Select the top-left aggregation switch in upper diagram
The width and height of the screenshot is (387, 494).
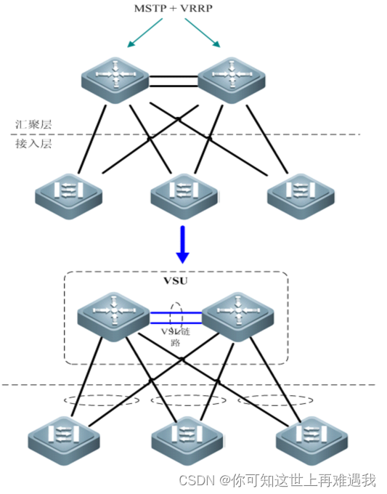[x=113, y=78]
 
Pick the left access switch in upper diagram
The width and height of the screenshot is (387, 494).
[x=68, y=193]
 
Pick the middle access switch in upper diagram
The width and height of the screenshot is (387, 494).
[x=183, y=193]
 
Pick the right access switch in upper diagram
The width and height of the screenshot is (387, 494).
[x=299, y=193]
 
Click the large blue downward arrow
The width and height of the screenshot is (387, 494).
[x=183, y=244]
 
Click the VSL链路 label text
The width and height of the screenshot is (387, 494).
[x=174, y=336]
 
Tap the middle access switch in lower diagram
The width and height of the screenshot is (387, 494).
[x=184, y=440]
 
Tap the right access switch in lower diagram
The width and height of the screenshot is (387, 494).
[x=309, y=440]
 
